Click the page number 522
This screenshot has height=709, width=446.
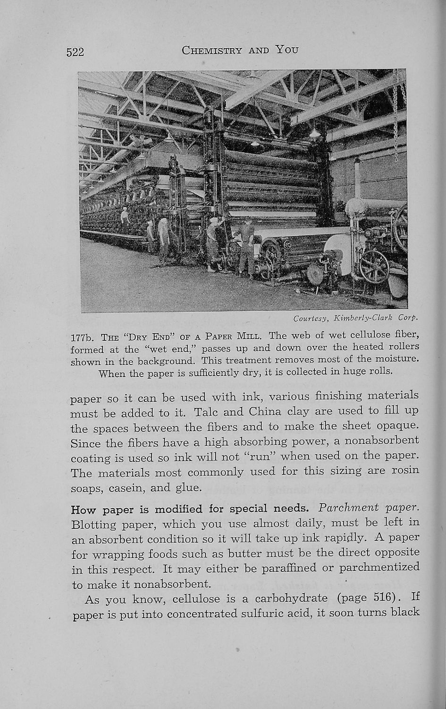tap(75, 52)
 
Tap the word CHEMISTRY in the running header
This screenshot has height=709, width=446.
tap(211, 50)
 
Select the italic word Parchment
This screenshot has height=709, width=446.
tap(348, 509)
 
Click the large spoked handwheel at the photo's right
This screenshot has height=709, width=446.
tap(373, 267)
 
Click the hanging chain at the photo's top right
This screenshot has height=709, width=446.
tap(403, 102)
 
